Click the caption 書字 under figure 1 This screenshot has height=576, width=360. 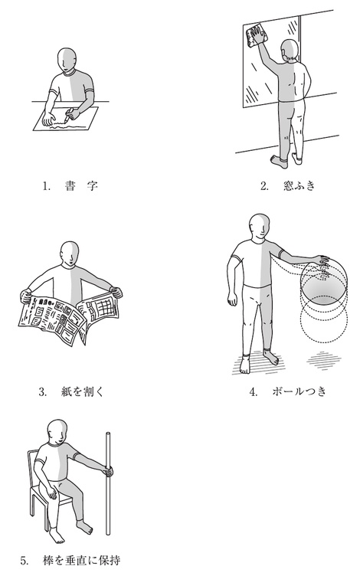(81, 186)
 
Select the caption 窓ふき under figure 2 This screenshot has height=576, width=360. (299, 186)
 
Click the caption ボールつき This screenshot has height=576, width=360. (299, 391)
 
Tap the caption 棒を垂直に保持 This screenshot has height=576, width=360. (81, 561)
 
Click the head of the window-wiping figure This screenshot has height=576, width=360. (290, 50)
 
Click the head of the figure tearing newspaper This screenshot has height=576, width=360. (70, 254)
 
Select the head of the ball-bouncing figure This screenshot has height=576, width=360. (260, 225)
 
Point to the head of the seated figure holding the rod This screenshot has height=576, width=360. (58, 431)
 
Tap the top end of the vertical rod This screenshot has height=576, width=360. (108, 434)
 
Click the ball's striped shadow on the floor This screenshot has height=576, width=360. (324, 361)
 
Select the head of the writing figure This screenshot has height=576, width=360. (67, 60)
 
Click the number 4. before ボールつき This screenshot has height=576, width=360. (253, 392)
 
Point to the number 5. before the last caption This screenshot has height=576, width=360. (25, 561)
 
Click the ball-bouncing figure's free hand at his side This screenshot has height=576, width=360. (232, 299)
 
